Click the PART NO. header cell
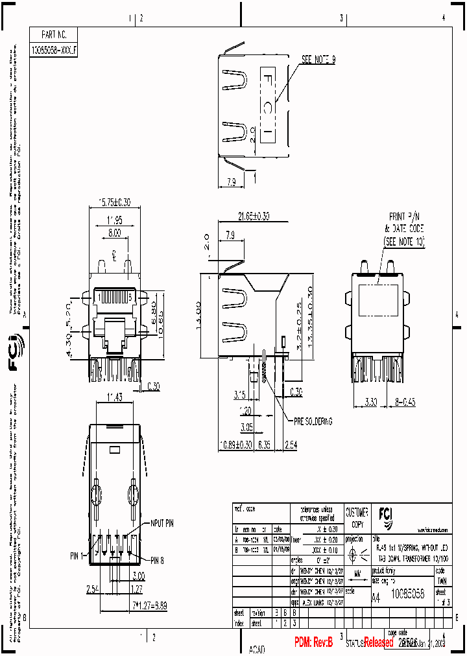coord(54,35)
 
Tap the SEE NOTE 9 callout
coord(318,59)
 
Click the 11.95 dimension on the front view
coord(114,220)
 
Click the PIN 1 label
coord(79,556)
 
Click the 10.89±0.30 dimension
coord(236,445)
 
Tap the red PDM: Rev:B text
coord(313,642)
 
